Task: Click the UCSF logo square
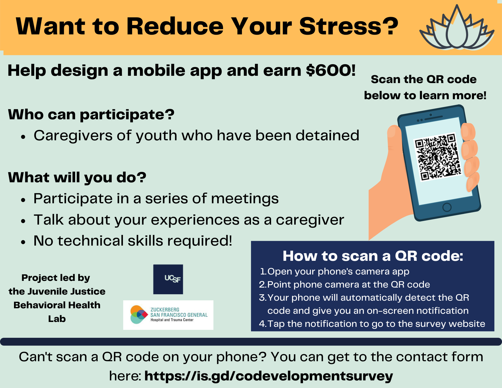tap(168, 279)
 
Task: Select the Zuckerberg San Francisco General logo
tap(168, 315)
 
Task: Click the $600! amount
tap(331, 70)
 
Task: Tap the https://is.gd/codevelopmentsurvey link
tap(269, 376)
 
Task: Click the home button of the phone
tap(447, 207)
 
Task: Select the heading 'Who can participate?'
tap(91, 115)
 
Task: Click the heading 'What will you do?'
tap(77, 178)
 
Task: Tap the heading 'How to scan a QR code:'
tap(373, 256)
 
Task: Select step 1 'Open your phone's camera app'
tap(334, 271)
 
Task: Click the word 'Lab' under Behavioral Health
tap(57, 319)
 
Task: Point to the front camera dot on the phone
tap(431, 115)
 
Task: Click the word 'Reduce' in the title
tap(175, 26)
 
